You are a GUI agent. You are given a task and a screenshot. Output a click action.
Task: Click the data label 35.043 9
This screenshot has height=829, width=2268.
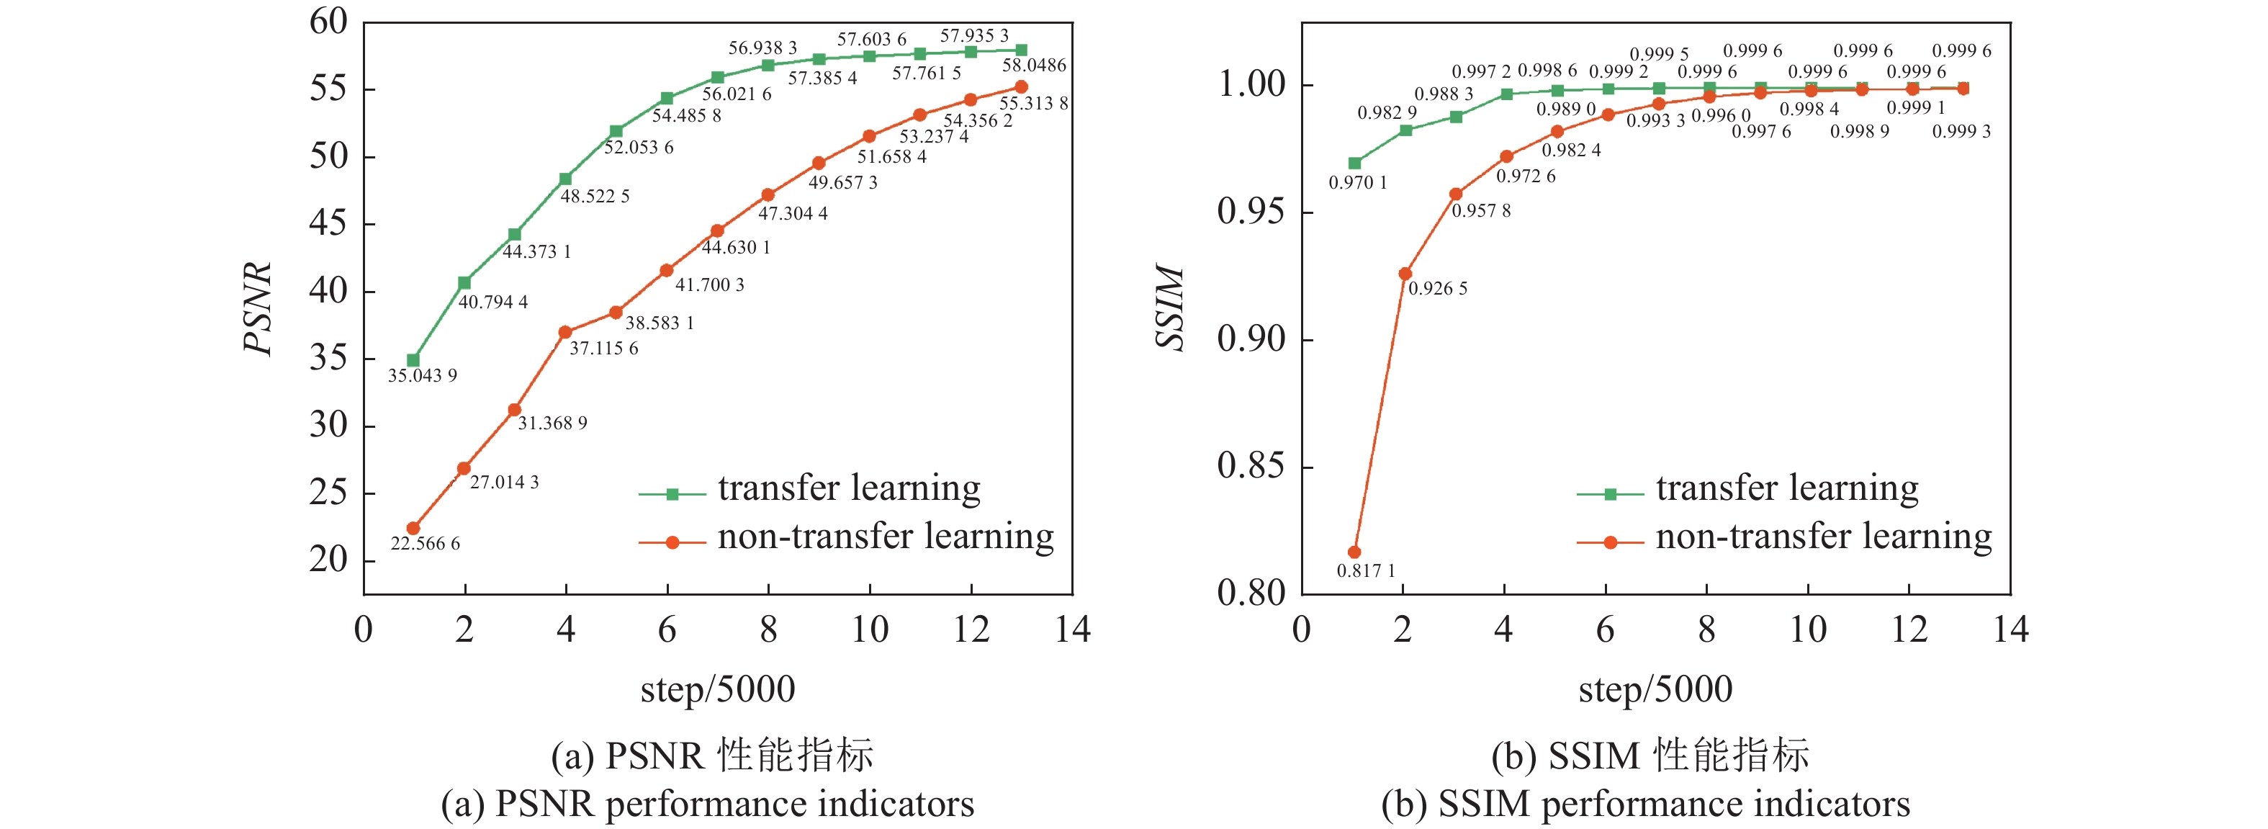click(x=423, y=376)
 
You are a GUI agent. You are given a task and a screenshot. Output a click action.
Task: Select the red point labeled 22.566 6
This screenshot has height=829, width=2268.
click(x=413, y=529)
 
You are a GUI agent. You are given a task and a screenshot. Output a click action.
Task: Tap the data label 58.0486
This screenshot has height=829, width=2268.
click(x=1034, y=66)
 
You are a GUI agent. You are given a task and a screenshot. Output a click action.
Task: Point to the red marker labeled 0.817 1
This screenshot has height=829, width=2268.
click(x=1354, y=552)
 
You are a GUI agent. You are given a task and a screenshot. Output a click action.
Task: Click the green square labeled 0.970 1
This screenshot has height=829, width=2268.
click(x=1355, y=163)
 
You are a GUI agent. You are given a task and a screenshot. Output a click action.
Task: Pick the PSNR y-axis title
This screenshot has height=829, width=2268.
click(x=258, y=308)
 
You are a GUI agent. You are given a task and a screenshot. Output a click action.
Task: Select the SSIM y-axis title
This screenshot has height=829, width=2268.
click(x=1171, y=308)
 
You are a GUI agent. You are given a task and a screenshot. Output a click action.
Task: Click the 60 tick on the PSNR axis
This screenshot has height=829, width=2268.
click(x=328, y=22)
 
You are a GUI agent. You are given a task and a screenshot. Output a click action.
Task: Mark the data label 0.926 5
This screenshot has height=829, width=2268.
click(x=1438, y=289)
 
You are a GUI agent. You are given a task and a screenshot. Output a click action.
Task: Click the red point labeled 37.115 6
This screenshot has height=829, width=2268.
click(x=565, y=333)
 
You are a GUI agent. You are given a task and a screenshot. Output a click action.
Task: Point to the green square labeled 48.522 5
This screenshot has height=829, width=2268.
click(x=565, y=179)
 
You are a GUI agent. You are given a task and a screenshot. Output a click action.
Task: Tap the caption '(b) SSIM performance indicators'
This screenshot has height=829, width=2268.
click(x=1645, y=805)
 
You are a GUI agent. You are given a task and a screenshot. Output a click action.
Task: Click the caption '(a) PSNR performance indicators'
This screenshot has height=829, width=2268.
click(x=707, y=805)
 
